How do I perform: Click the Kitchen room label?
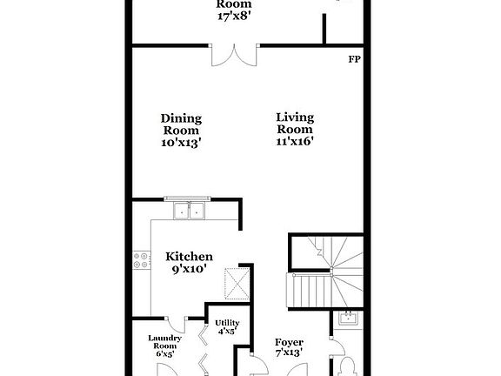(x=190, y=257)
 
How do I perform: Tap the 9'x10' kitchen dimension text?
(x=190, y=271)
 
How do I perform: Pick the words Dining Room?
(x=181, y=124)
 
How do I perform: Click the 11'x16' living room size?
(x=295, y=139)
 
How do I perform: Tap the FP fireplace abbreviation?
(x=354, y=60)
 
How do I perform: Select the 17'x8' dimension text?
(x=234, y=17)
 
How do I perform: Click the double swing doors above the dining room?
(x=234, y=54)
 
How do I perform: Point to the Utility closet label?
(x=227, y=322)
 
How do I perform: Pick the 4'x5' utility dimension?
(x=227, y=332)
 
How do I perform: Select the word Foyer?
(x=289, y=342)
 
